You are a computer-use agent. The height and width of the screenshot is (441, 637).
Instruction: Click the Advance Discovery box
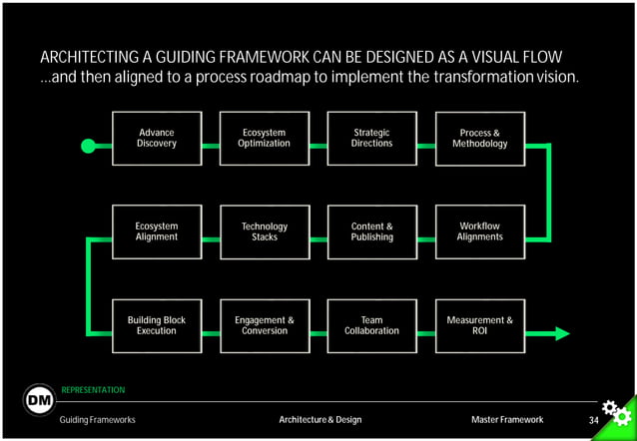tap(157, 139)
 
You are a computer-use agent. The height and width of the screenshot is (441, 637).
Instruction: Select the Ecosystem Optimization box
tap(265, 139)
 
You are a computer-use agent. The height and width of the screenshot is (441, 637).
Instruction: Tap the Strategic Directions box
tap(372, 139)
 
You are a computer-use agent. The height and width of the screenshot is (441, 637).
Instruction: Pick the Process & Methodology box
tap(480, 139)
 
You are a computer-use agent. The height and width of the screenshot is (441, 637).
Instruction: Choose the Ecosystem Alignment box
tap(157, 232)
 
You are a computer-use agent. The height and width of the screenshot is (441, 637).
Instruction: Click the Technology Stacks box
tap(265, 232)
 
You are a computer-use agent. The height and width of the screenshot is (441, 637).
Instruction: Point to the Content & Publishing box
tap(372, 232)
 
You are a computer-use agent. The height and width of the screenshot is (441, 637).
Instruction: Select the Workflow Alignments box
tap(480, 232)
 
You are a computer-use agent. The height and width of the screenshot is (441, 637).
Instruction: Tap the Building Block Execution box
tap(157, 326)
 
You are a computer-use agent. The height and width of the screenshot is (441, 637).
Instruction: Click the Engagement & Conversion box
tap(265, 326)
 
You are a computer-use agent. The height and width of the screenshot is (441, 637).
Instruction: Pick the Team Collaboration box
tap(372, 326)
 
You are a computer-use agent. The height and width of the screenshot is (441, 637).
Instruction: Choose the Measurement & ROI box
tap(480, 326)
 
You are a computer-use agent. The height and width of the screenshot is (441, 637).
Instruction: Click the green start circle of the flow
tap(88, 146)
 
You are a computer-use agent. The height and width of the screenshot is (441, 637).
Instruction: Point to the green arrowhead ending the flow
tap(562, 333)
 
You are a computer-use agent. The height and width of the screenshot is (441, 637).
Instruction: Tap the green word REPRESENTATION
tap(93, 389)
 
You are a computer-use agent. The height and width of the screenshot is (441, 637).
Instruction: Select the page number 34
tap(593, 420)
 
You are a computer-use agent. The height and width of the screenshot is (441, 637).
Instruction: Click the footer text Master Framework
tap(507, 420)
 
